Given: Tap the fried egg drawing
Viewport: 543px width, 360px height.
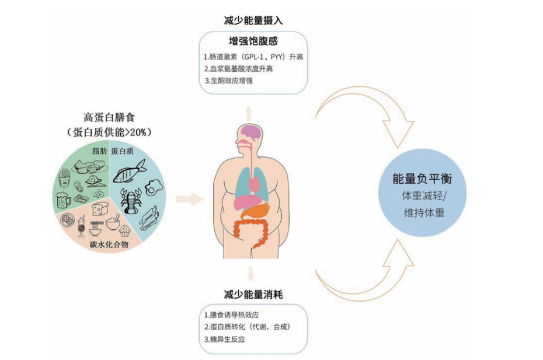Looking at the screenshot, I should click(154, 187).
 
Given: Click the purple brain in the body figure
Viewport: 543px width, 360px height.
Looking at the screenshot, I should click(252, 131).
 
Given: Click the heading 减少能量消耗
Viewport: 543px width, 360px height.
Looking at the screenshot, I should click(252, 293).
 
